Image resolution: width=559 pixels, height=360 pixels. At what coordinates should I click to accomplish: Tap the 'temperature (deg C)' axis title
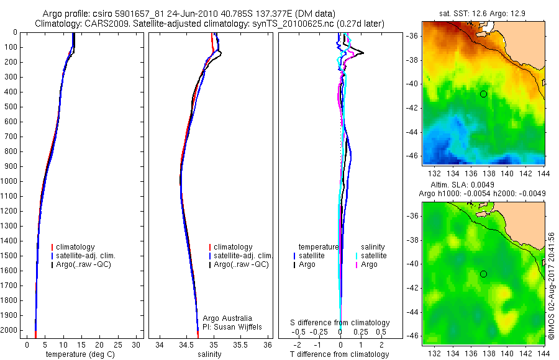(x=80, y=354)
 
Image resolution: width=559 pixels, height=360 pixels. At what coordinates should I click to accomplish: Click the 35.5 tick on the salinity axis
(x=242, y=344)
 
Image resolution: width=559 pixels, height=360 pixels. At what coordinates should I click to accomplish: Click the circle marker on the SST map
(x=483, y=94)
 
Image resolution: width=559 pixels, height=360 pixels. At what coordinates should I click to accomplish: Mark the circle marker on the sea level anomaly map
(x=483, y=274)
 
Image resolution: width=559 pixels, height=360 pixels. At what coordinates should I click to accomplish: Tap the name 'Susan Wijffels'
(x=237, y=326)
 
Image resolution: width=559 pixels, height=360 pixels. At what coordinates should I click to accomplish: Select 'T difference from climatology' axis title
(x=340, y=354)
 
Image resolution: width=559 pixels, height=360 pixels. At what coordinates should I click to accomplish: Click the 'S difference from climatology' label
(x=340, y=323)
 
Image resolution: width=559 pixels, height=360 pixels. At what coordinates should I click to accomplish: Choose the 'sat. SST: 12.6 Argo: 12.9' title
(x=483, y=14)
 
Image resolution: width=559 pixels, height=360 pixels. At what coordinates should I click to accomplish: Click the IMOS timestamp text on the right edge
(x=552, y=286)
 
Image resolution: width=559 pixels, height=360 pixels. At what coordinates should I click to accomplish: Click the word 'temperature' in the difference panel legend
(x=319, y=246)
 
